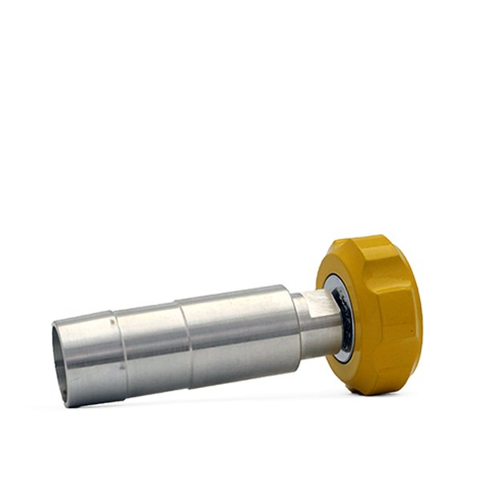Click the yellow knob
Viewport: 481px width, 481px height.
click(381, 313)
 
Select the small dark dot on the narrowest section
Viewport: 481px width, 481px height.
click(122, 370)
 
